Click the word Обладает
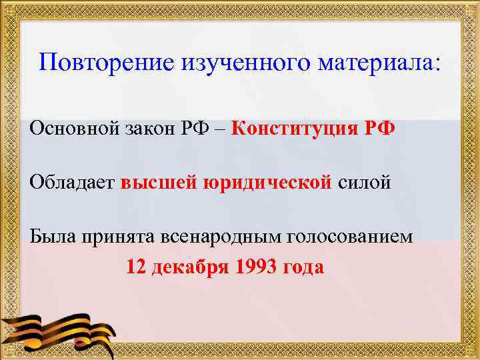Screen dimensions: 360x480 tap(72, 182)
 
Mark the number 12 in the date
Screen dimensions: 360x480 tap(136, 267)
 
